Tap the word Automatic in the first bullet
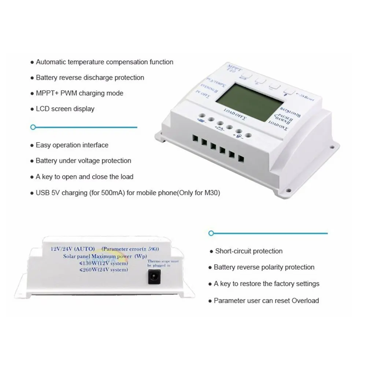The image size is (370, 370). pyautogui.click(x=51, y=62)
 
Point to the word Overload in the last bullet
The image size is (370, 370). pyautogui.click(x=305, y=301)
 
